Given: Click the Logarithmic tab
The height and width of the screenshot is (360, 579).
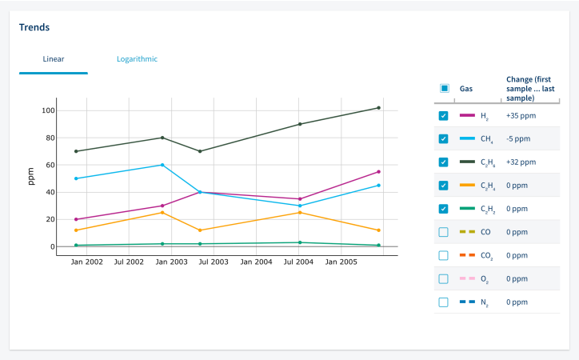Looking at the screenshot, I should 137,59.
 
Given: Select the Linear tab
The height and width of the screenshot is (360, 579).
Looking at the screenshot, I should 54,59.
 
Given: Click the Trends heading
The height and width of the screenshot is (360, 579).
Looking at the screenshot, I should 34,27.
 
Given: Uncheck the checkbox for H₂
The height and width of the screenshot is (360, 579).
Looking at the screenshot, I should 444,116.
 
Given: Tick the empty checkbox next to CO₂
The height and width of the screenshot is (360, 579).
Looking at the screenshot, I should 444,255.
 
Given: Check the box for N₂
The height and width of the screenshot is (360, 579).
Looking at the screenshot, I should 444,302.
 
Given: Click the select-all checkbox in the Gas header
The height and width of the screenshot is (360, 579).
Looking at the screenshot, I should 444,88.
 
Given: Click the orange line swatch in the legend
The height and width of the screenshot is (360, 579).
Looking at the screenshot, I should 467,186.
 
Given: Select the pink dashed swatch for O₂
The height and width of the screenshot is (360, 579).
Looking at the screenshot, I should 467,279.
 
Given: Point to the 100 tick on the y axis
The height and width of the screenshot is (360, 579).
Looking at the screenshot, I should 49,110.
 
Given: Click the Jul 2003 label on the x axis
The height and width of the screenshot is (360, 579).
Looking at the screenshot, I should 214,262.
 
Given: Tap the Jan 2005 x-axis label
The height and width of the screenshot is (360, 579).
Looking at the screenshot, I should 342,262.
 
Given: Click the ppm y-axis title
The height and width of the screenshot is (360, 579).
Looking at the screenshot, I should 30,177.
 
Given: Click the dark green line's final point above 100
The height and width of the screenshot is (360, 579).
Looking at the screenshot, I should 378,108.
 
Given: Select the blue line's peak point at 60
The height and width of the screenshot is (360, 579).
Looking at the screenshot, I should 162,165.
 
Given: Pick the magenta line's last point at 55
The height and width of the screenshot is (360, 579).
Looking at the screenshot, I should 378,171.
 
